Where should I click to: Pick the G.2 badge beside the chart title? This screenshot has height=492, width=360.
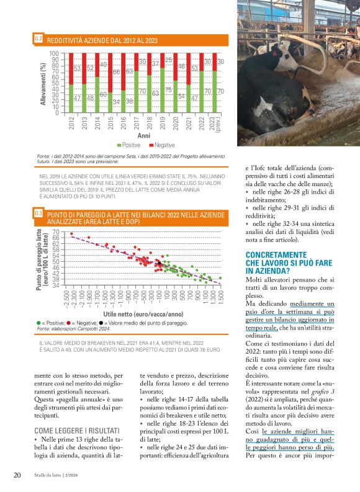click(38, 39)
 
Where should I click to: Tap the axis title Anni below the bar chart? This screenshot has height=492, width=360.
click(144, 135)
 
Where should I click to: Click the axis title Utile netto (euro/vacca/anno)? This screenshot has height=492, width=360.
click(144, 315)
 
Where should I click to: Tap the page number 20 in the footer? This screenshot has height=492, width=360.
click(18, 475)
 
